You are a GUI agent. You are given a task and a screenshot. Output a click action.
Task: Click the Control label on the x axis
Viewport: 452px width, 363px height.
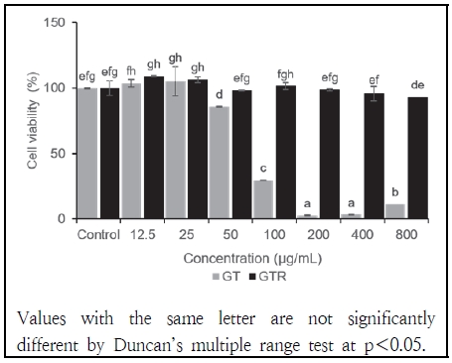(x=98, y=235)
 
